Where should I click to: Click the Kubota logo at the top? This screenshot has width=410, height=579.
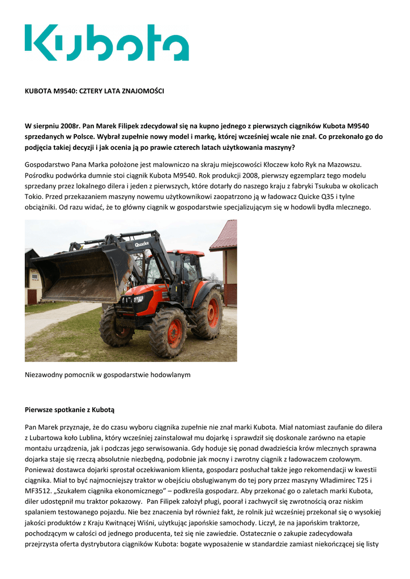106,42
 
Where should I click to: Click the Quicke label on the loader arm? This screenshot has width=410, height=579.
142,244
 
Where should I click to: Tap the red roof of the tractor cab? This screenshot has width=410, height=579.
185,254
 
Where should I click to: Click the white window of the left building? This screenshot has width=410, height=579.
35,278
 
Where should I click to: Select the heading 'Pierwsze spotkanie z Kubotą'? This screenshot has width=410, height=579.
73,409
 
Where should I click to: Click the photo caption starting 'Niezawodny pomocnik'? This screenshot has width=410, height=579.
108,374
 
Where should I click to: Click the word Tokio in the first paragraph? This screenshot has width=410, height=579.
34,196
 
